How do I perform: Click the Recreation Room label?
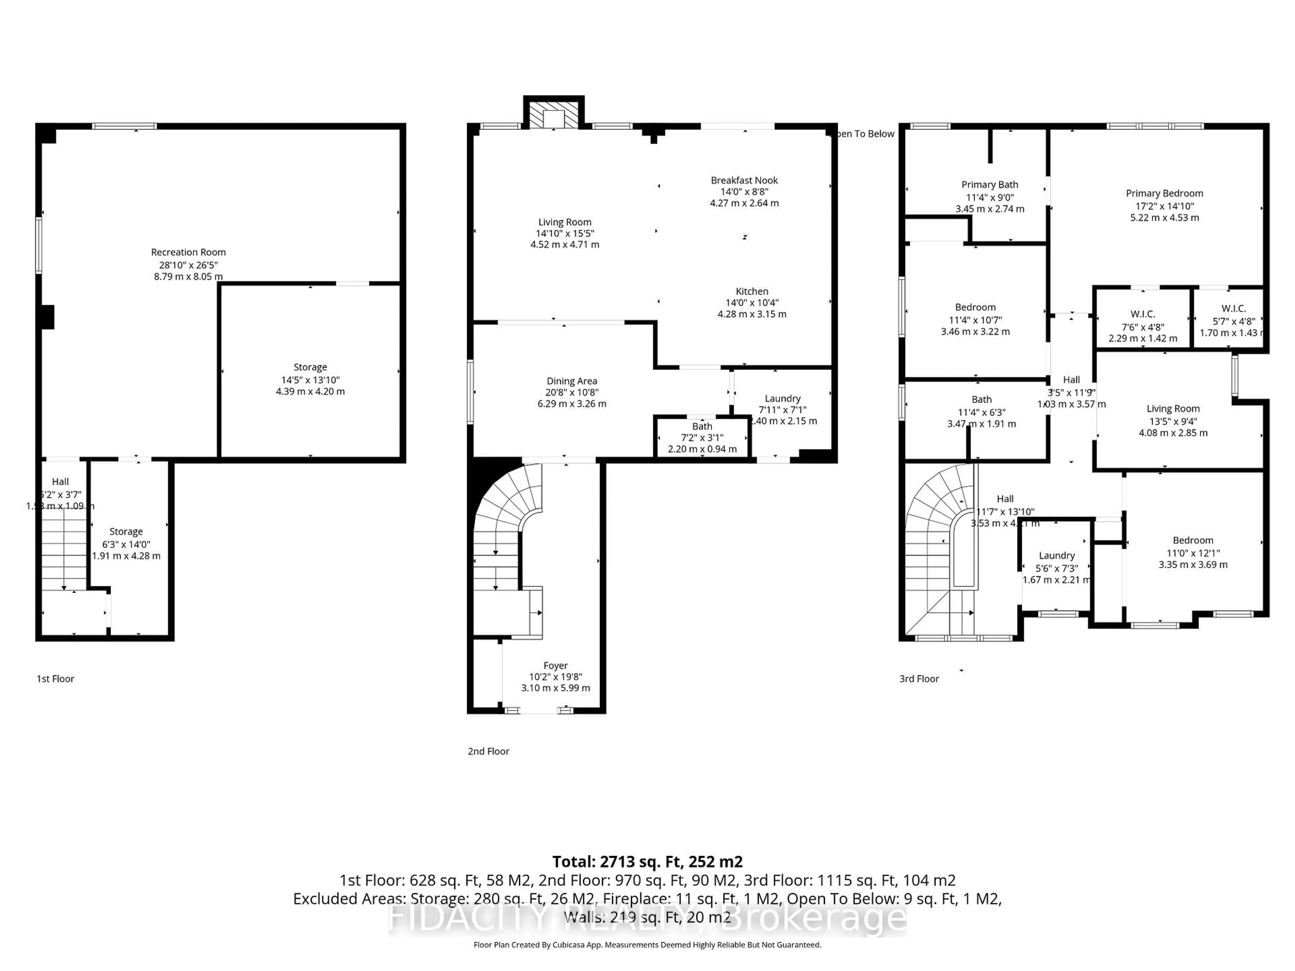click(188, 252)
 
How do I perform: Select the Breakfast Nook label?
click(744, 180)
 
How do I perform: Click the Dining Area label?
click(571, 381)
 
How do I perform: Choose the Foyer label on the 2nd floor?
click(555, 666)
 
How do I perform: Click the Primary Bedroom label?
click(1164, 193)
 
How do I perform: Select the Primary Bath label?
click(989, 184)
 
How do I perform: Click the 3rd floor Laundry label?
click(1056, 555)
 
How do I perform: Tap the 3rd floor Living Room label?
click(1173, 409)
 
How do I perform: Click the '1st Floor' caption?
click(56, 678)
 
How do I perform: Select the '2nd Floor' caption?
click(488, 751)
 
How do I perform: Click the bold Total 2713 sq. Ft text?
click(647, 861)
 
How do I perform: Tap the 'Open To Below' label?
click(864, 134)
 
